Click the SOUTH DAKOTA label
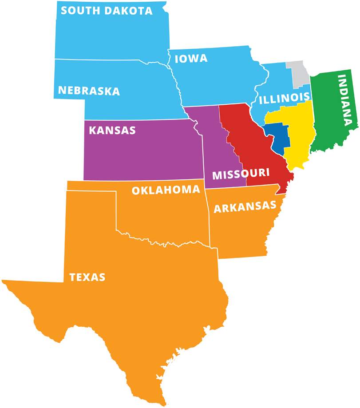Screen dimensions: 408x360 (x=107, y=11)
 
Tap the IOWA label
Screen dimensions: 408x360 (x=191, y=59)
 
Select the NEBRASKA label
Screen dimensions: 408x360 (x=89, y=91)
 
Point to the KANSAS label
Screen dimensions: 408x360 (x=112, y=131)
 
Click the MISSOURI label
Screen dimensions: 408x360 (x=241, y=174)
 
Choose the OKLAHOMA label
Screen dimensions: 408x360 (x=166, y=190)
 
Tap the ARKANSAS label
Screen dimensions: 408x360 (x=245, y=206)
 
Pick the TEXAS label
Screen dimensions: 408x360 (x=87, y=277)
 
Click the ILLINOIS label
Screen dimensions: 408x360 (x=284, y=98)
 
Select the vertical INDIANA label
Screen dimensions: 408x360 (x=348, y=100)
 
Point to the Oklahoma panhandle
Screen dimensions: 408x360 (x=91, y=186)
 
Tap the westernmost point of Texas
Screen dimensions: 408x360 (x=2, y=280)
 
